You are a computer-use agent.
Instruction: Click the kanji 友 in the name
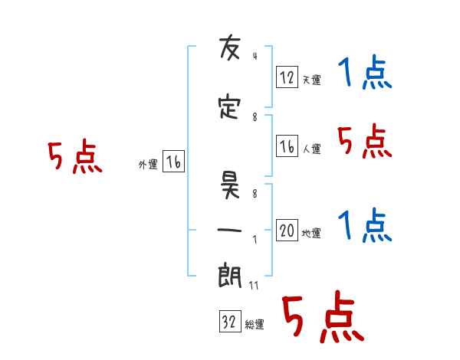tap(230, 47)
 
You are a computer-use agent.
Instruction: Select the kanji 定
tap(229, 107)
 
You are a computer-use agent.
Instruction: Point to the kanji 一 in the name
tap(229, 230)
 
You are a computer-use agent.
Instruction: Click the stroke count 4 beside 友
tap(255, 56)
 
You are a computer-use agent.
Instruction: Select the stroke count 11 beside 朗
tap(254, 286)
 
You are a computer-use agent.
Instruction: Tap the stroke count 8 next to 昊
tap(255, 194)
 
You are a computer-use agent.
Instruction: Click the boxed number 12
tap(287, 77)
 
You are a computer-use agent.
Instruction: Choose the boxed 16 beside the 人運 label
tap(287, 146)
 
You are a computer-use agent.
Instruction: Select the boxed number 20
tap(287, 230)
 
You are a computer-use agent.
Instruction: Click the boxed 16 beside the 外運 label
tap(173, 162)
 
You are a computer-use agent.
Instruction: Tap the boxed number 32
tap(230, 321)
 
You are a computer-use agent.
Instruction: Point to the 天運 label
tap(312, 80)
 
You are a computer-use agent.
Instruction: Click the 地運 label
tap(311, 233)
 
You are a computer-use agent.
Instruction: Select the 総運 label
tap(255, 324)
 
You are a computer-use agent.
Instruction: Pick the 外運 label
tap(148, 165)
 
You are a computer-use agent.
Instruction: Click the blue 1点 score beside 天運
tap(365, 72)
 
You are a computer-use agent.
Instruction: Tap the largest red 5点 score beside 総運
tap(324, 317)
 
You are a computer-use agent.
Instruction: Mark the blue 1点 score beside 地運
tap(365, 225)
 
